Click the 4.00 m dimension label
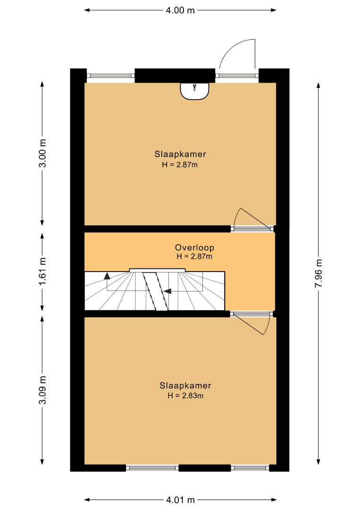pos(180,10)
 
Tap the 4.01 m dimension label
pos(180,500)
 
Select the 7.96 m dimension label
pos(318,273)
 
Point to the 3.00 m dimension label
pos(42,153)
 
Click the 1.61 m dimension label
pos(42,271)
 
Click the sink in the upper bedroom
pos(194,91)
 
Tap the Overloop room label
pos(194,247)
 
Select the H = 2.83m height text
pos(185,396)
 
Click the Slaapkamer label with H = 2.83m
pos(185,386)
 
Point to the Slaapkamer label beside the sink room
pos(180,154)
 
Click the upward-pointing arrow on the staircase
pos(107,276)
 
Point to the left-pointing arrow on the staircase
pos(167,291)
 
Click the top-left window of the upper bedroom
pos(111,76)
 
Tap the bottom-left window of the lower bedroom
pos(152,468)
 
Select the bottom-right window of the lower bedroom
pos(250,468)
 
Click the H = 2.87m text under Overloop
pos(194,256)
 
